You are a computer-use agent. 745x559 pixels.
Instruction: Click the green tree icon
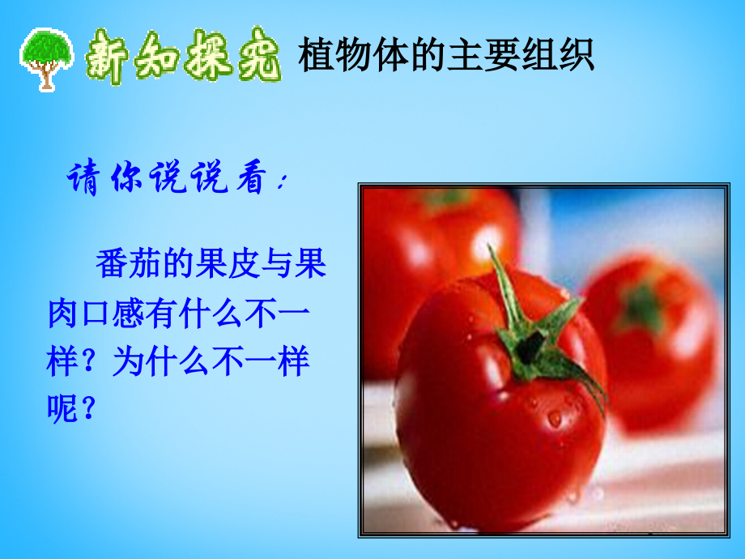[48, 58]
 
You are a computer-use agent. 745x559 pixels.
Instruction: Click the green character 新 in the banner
[109, 56]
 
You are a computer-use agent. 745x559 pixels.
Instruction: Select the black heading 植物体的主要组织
[446, 56]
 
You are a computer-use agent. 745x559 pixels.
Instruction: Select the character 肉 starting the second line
[62, 314]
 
